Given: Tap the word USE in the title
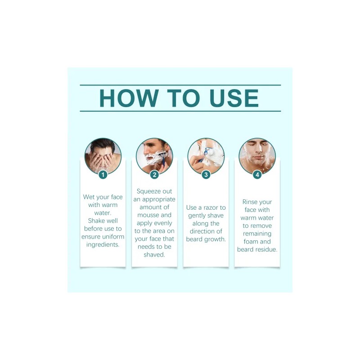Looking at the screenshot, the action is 234,98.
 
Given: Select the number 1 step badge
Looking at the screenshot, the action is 103,175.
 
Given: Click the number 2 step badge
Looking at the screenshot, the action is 154,175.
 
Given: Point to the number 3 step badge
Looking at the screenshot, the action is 206,175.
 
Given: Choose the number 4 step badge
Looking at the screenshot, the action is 257,175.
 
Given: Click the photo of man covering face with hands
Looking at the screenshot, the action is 103,156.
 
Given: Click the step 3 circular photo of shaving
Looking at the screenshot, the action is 206,156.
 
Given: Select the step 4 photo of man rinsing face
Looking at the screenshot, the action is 257,156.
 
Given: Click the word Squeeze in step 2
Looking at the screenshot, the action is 146,192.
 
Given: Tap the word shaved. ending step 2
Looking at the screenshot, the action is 154,255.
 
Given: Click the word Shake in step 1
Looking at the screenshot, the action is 96,220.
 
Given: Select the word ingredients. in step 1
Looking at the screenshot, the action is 103,245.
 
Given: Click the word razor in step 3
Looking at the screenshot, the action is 209,208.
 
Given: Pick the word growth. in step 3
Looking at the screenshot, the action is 214,239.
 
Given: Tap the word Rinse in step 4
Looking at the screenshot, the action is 250,202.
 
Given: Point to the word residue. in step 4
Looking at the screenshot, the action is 266,250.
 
